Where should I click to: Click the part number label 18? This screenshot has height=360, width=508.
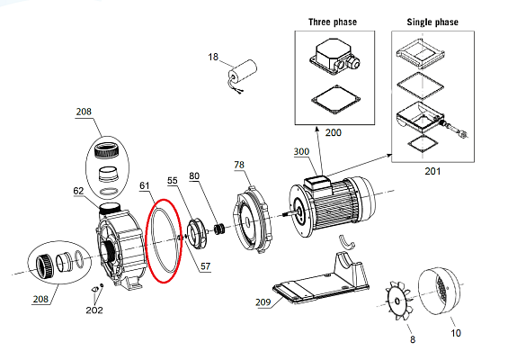coord(213,57)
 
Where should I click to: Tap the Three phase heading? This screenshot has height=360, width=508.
coord(333,22)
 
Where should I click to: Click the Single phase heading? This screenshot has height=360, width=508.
coord(432,22)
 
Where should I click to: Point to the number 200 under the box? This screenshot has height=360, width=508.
coord(333,132)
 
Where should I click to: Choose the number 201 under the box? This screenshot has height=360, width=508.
coord(432,171)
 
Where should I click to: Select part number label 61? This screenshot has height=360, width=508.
coord(145,185)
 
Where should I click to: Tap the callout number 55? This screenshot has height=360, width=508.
coord(173,180)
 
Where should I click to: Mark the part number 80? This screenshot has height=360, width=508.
coord(194,175)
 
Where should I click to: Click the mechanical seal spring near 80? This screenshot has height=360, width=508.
coord(219,229)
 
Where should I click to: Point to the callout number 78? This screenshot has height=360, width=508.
coord(239,165)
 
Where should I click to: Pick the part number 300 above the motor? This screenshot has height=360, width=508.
coord(301,151)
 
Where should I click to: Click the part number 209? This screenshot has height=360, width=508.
coord(263,302)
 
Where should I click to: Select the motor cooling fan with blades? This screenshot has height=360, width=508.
coord(398,301)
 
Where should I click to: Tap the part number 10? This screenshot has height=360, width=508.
coord(456,333)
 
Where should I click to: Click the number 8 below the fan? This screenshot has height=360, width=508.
coord(413,339)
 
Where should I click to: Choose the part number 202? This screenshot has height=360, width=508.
coord(94,310)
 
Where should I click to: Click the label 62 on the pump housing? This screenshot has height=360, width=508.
coord(78,191)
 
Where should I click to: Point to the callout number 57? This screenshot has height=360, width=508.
coord(205,266)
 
